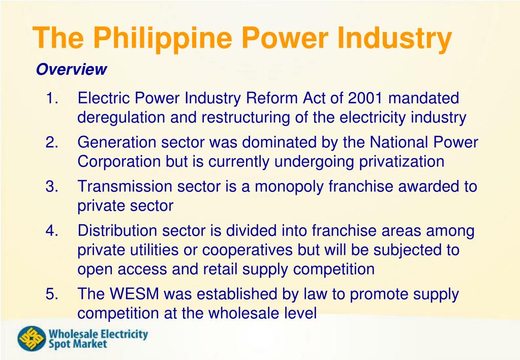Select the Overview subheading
coord(71,70)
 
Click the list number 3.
coord(52,187)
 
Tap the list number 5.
coord(52,294)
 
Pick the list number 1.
coord(52,98)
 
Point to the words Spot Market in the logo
coord(78,344)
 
